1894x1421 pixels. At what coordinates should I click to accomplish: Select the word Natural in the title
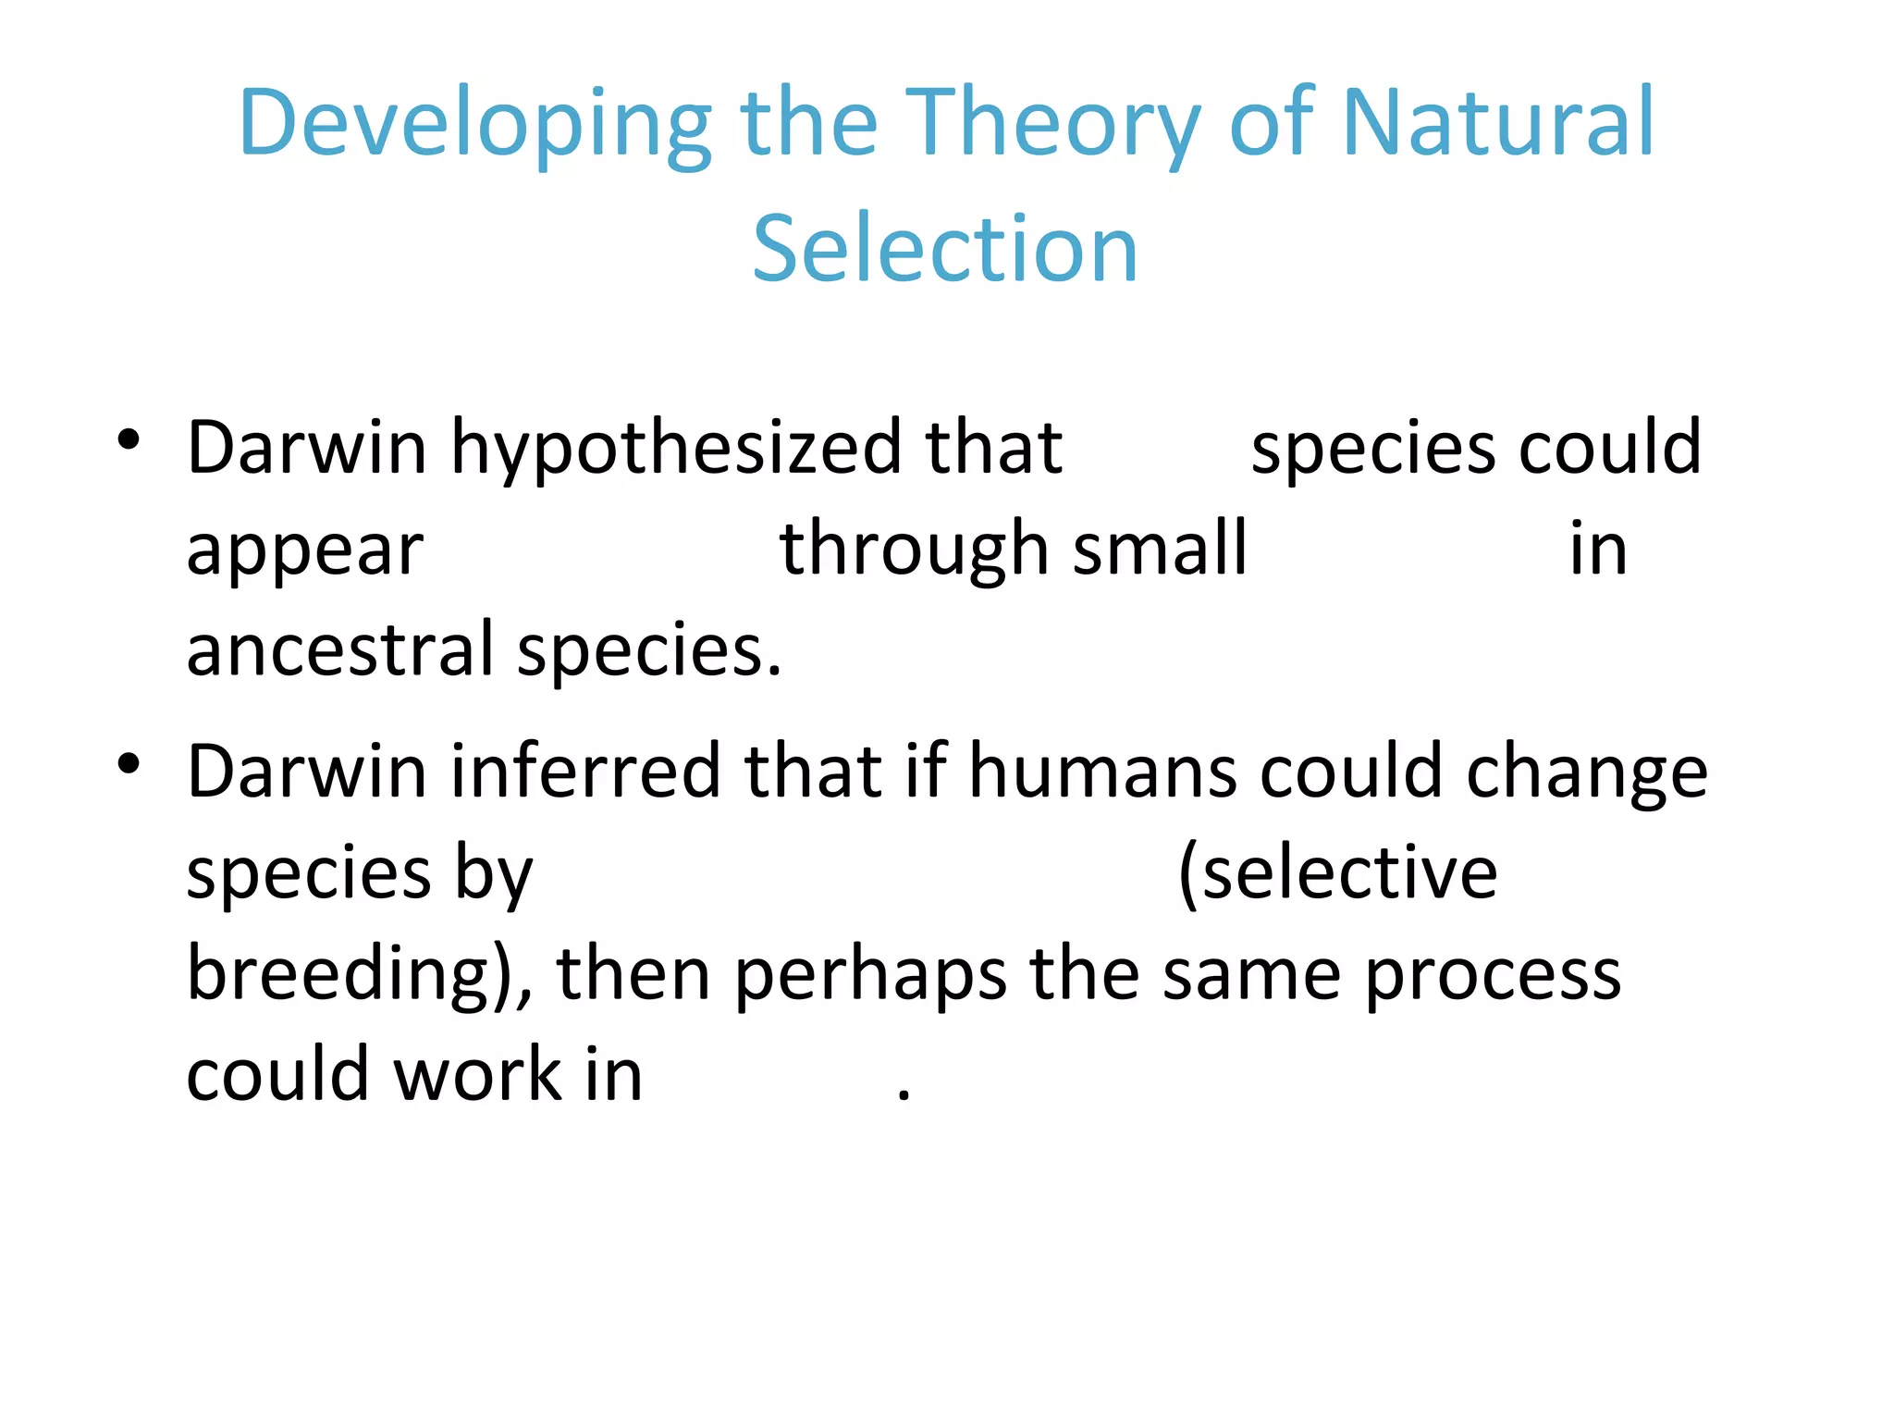point(1497,122)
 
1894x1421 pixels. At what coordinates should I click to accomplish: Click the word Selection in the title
point(944,248)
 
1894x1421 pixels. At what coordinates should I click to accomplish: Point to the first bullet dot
point(129,439)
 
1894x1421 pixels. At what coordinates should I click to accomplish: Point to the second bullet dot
point(129,763)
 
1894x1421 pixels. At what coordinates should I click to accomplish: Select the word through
point(912,550)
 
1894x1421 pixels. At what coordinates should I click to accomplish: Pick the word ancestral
point(339,649)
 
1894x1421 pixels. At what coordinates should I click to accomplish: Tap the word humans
point(1102,771)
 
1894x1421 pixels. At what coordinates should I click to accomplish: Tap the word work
point(477,1075)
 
